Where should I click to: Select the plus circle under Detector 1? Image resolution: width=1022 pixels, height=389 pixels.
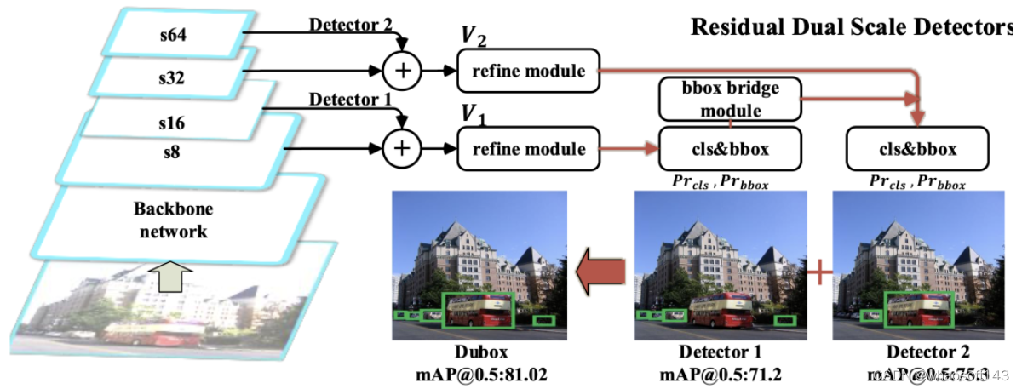click(x=405, y=149)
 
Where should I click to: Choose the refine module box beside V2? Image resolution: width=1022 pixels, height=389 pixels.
click(x=529, y=71)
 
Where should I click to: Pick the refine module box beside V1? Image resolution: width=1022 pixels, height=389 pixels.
click(x=529, y=149)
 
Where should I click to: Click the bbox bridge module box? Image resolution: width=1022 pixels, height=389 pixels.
click(x=731, y=99)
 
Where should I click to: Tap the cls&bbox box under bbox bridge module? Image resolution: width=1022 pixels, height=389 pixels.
click(x=731, y=149)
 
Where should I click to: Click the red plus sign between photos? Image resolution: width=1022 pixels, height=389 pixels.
click(x=818, y=274)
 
